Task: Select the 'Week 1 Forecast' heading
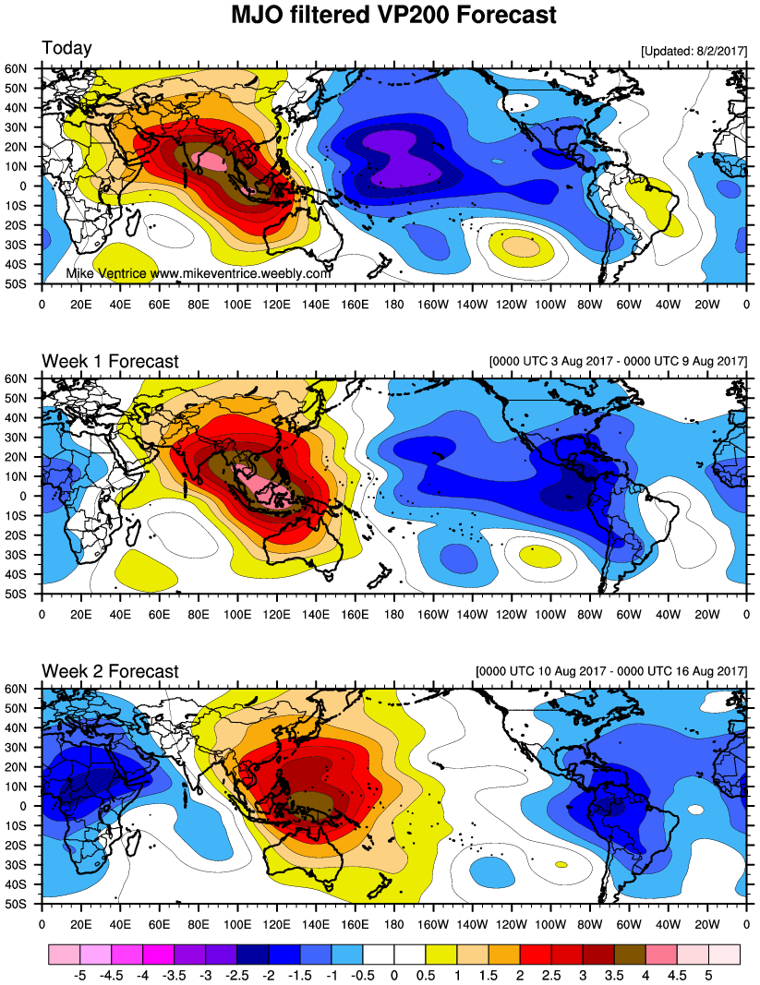110,361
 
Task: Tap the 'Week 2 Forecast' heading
110,671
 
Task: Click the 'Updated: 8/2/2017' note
693,53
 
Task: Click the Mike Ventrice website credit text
198,274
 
